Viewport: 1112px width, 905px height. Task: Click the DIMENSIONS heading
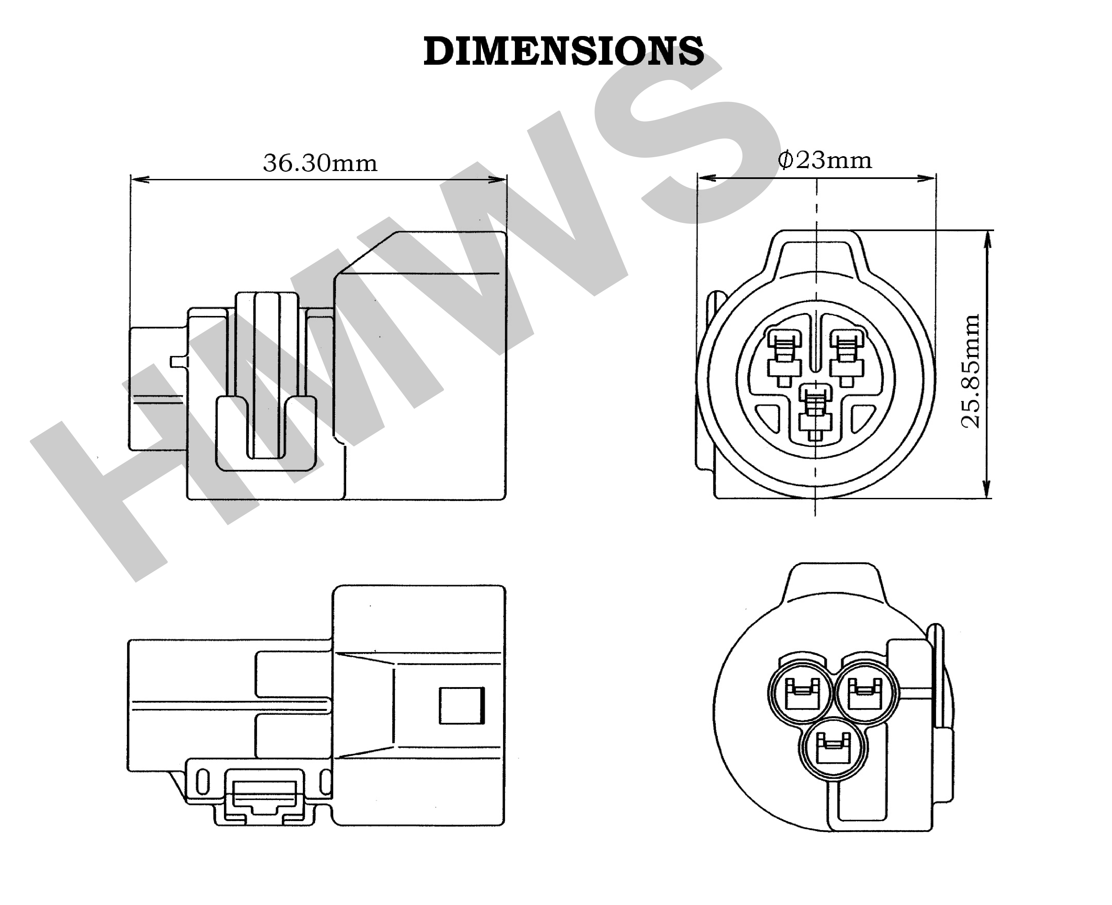pos(563,52)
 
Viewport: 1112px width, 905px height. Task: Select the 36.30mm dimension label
pos(320,163)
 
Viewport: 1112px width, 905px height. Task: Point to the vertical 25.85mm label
pos(970,371)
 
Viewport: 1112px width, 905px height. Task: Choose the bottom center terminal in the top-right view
pos(815,412)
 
